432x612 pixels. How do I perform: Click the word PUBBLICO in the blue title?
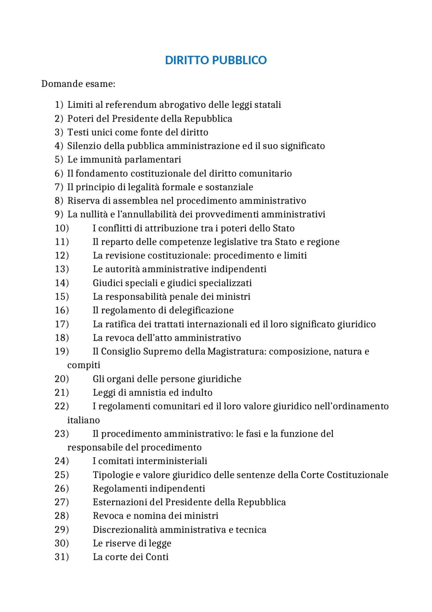pos(239,60)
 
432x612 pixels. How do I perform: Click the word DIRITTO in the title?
pos(187,60)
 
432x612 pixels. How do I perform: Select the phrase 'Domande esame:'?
pos(78,84)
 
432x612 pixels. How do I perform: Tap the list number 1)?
pos(59,105)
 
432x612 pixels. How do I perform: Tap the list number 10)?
pos(62,228)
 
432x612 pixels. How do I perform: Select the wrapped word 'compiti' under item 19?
pos(84,365)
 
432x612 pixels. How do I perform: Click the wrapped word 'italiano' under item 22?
pos(84,420)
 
